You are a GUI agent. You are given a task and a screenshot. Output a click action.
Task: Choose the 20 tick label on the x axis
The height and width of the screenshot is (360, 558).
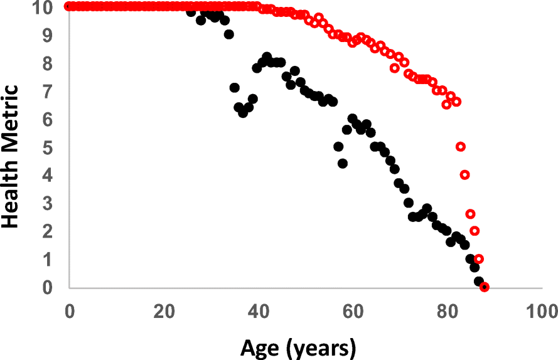163,312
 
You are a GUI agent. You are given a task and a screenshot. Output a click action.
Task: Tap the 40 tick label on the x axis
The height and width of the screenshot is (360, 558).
258,312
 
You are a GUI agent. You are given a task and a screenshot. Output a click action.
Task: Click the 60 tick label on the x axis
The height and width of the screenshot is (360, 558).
352,312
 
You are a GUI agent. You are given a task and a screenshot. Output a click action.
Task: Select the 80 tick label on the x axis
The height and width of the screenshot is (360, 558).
447,312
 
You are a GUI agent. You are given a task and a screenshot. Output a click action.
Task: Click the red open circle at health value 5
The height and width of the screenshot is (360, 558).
460,147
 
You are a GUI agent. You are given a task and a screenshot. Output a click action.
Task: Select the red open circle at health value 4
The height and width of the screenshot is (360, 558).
465,175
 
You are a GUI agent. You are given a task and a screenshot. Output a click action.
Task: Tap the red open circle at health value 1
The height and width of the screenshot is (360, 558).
479,259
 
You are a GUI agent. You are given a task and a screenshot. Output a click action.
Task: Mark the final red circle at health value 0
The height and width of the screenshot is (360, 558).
484,287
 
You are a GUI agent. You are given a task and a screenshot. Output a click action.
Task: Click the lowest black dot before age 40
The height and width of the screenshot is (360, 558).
243,113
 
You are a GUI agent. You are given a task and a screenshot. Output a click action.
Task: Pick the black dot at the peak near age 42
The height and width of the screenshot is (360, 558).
267,57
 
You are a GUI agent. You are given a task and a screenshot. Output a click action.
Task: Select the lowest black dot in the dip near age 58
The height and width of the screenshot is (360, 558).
343,163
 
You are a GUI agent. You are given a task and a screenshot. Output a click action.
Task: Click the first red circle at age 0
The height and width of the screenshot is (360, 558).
68,6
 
